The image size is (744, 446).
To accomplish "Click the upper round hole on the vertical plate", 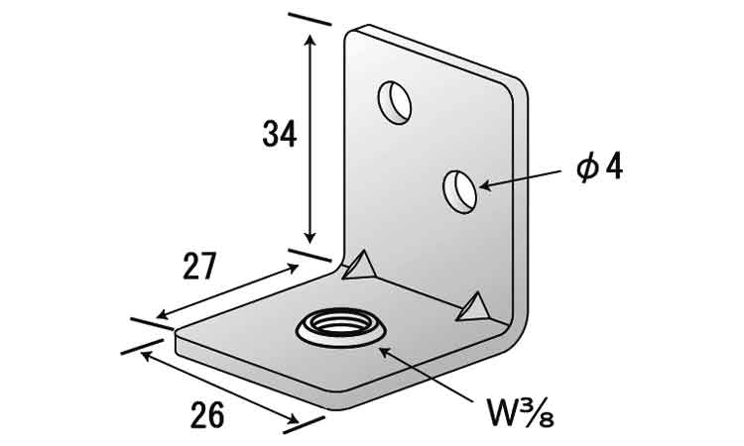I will (x=396, y=101).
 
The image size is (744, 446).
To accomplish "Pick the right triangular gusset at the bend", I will (x=474, y=308).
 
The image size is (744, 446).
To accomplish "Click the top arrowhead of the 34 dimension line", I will (x=311, y=40).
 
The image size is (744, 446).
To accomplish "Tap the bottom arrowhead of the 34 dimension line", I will (x=311, y=238).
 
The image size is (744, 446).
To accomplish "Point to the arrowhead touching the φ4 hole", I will (x=484, y=184).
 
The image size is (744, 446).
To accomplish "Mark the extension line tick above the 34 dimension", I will (x=310, y=19).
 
